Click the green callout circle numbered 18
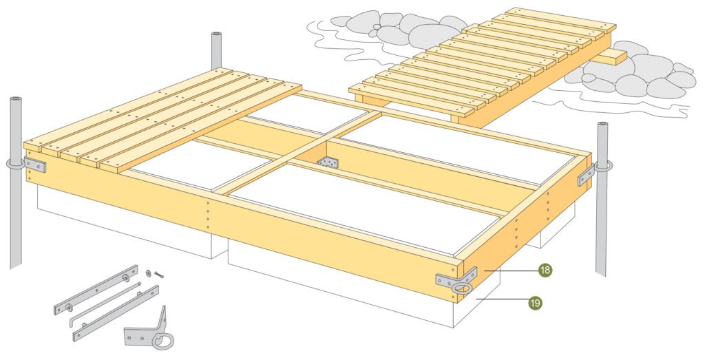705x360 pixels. point(545,271)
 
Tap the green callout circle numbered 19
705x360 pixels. point(534,301)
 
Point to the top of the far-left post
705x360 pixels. point(15,100)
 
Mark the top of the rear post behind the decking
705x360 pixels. point(216,35)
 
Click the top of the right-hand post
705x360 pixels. point(602,126)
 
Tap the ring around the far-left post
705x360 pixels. point(14,165)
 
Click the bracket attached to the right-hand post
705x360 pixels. point(586,175)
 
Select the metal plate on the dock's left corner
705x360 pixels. point(34,165)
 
